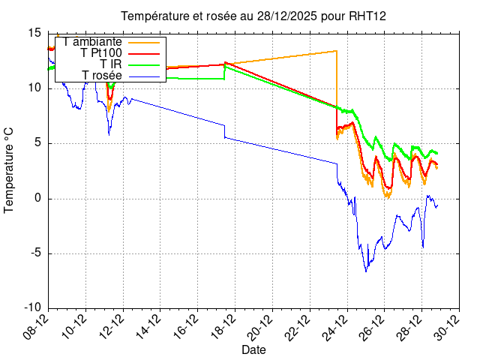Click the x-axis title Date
(x=253, y=349)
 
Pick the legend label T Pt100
(x=100, y=53)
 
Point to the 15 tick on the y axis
(x=34, y=33)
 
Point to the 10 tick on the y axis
(x=34, y=88)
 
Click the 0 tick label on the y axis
(x=37, y=199)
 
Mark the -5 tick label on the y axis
(x=35, y=253)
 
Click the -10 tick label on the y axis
(x=32, y=308)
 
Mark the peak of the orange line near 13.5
(x=336, y=51)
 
